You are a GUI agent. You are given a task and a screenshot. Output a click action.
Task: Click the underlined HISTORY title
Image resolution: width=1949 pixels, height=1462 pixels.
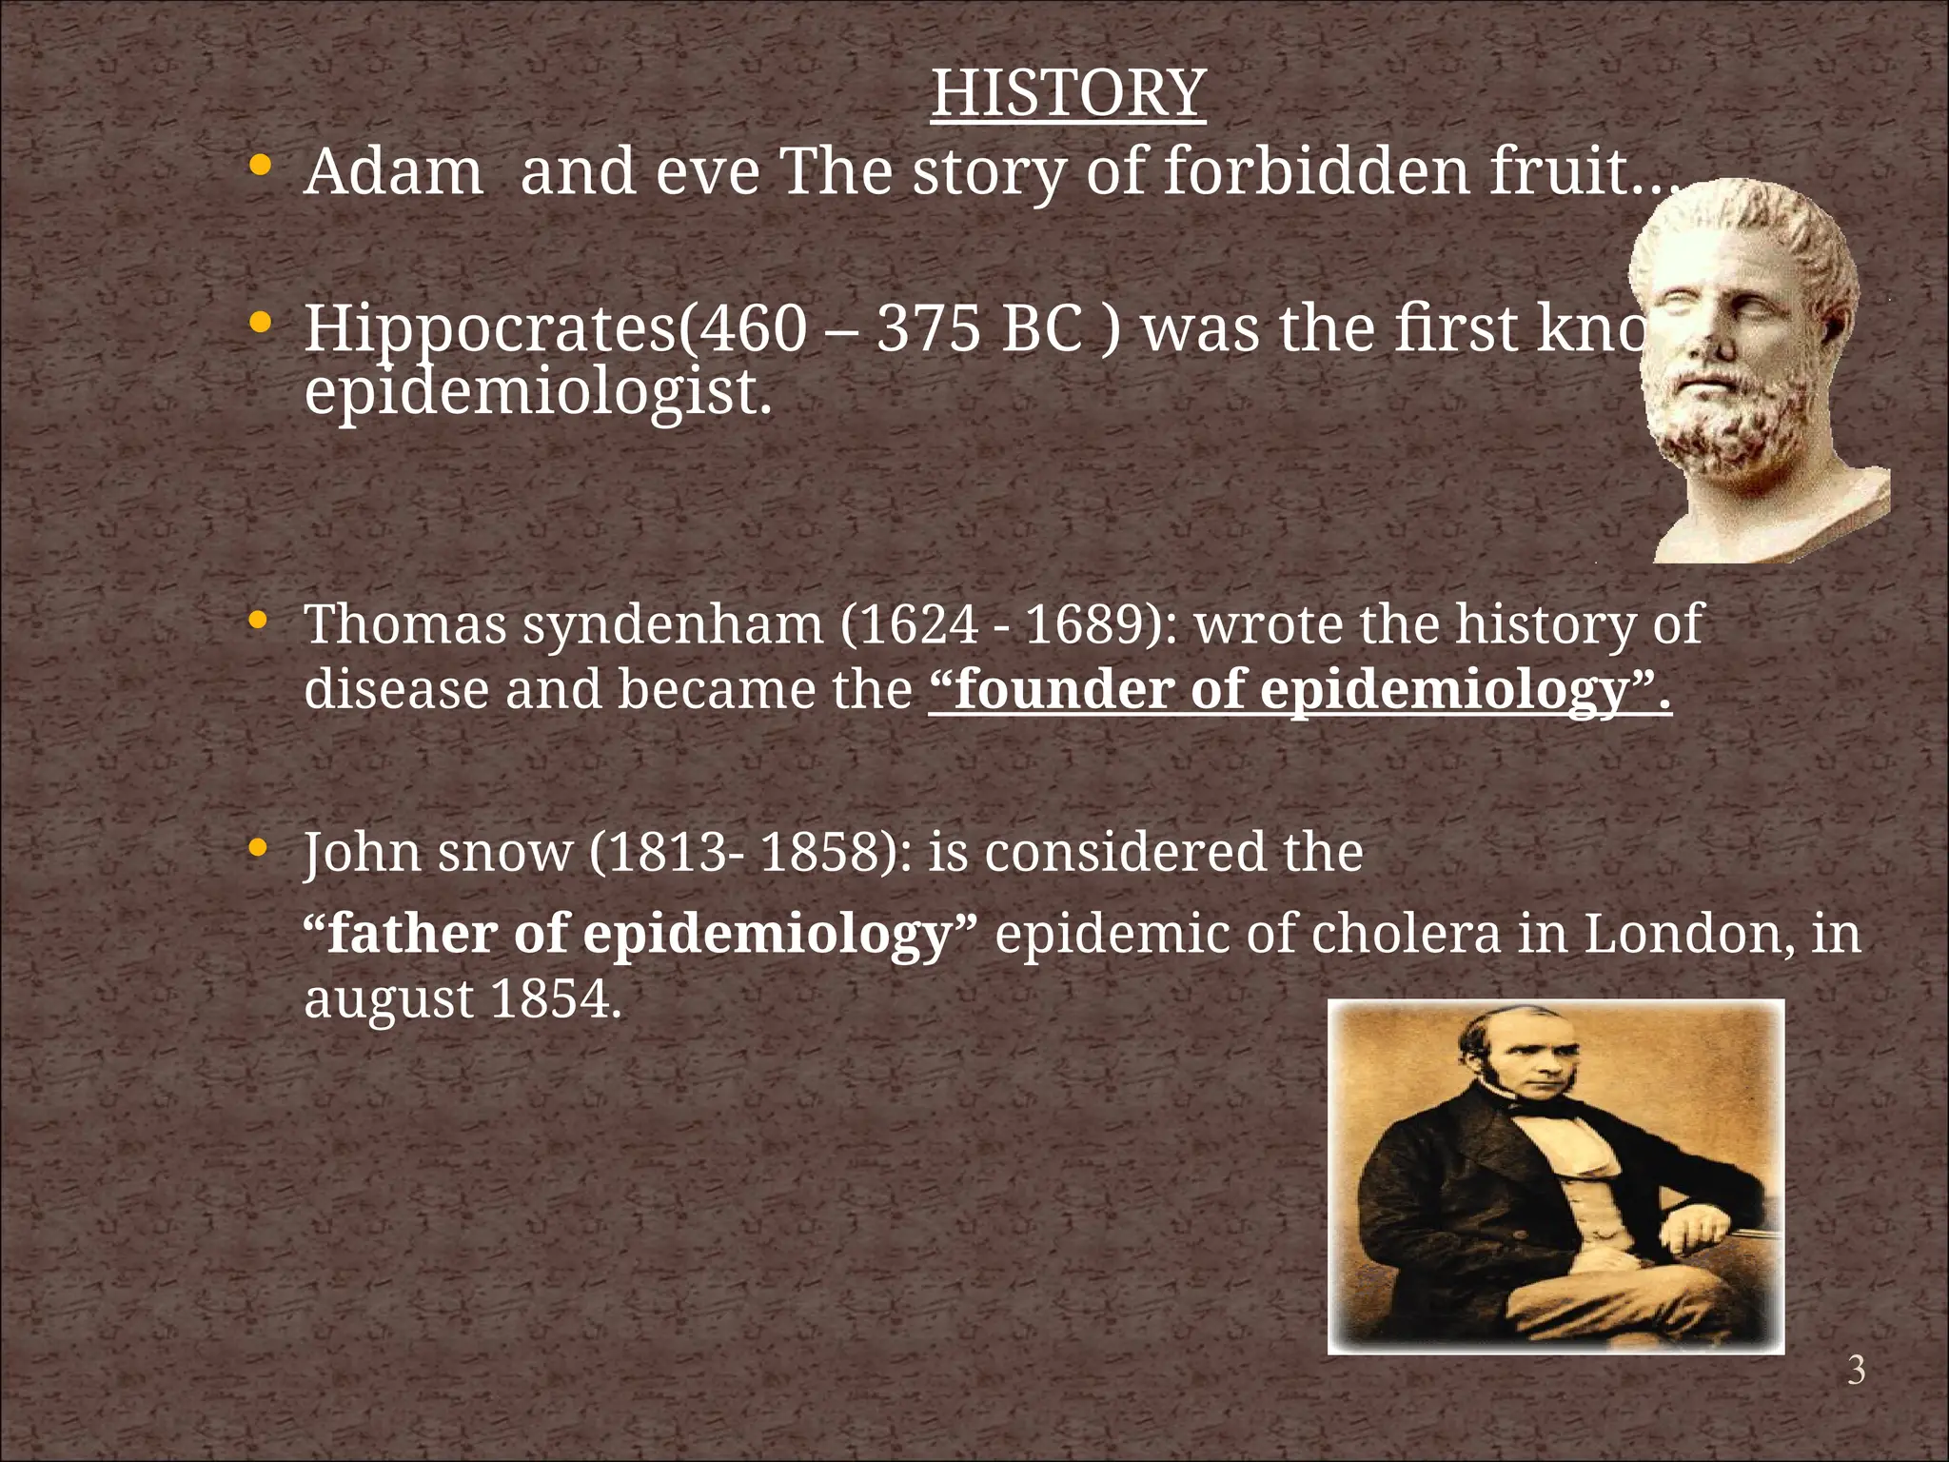pyautogui.click(x=1068, y=93)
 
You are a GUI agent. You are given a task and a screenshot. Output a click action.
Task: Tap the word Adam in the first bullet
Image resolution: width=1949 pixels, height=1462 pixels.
pyautogui.click(x=393, y=172)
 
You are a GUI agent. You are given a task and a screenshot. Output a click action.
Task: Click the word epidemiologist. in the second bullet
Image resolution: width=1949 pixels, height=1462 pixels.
pyautogui.click(x=538, y=392)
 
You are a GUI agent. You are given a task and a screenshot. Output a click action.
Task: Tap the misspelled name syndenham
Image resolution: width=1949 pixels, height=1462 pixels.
pyautogui.click(x=672, y=625)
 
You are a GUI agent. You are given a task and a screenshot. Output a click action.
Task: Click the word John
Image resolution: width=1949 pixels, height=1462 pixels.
pyautogui.click(x=362, y=852)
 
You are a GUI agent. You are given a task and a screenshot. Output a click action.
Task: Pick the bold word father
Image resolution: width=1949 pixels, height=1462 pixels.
pyautogui.click(x=412, y=934)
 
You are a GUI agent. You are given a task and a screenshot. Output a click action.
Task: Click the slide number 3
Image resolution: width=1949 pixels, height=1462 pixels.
pyautogui.click(x=1856, y=1371)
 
